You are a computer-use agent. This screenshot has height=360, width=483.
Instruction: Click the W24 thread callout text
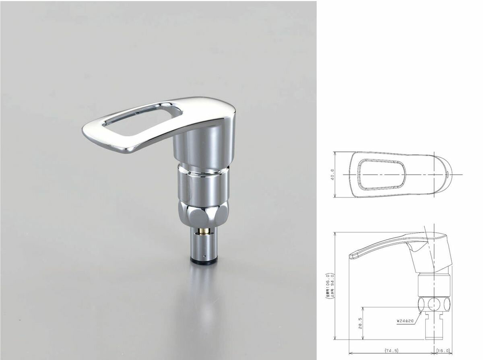click(405, 321)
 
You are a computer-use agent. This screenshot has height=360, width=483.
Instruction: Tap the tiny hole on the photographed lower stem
click(204, 256)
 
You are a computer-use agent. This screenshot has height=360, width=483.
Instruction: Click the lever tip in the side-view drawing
click(351, 255)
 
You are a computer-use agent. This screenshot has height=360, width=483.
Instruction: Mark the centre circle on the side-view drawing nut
click(433, 304)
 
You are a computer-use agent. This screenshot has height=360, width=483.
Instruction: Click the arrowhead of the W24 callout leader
click(422, 312)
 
